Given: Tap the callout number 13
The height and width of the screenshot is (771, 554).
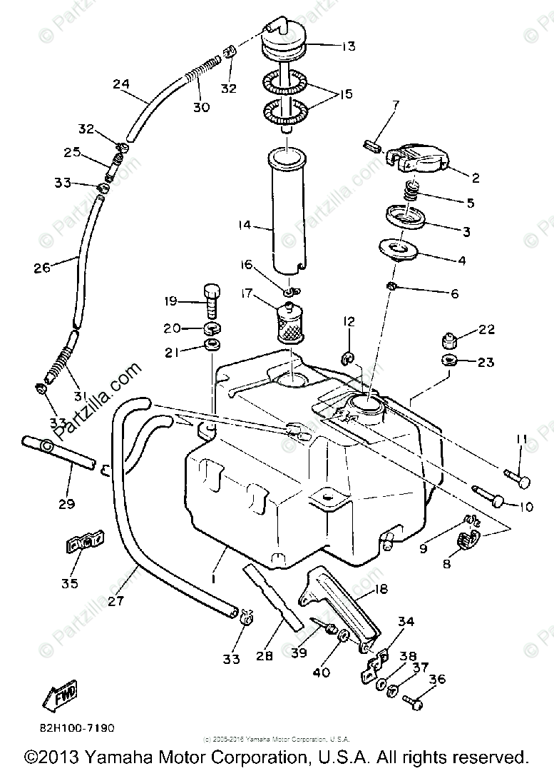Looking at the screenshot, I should pos(347,47).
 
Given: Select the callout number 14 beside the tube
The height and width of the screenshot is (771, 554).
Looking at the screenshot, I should pos(245,226).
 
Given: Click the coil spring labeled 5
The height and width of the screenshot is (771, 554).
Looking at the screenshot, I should pos(411,191).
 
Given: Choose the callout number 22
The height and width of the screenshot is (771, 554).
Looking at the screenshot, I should pos(487,329).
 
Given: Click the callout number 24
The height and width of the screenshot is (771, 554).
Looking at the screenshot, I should pos(121,84).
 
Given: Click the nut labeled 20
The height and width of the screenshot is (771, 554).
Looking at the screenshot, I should pos(210,328).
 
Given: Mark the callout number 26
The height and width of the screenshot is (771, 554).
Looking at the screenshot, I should pos(42,268).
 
